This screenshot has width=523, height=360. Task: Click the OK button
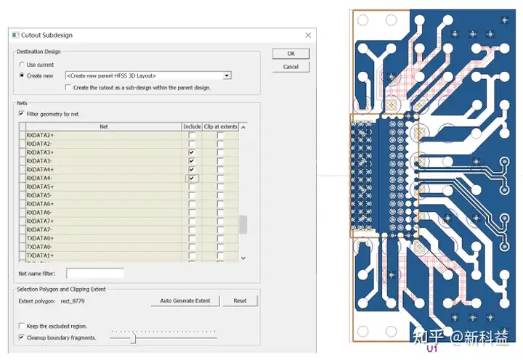[x=291, y=54]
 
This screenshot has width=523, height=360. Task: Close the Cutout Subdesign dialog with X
[x=308, y=36]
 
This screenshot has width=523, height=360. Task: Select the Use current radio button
[x=22, y=65]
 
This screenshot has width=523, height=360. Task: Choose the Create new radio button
[x=22, y=75]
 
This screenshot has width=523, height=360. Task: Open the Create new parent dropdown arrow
[x=227, y=75]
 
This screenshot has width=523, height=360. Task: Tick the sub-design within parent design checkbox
[x=68, y=87]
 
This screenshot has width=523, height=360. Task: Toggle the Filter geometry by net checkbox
[x=22, y=114]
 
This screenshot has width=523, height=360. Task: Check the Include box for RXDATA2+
[x=192, y=135]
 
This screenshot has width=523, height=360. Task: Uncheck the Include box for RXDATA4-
[x=192, y=179]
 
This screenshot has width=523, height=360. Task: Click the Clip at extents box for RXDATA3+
[x=220, y=152]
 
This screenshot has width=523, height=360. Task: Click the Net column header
[x=104, y=127]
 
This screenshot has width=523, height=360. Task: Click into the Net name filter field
[x=95, y=274]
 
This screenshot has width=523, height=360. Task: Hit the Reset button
[x=240, y=300]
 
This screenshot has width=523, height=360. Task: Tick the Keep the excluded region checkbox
[x=22, y=326]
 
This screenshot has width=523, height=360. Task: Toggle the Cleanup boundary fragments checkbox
[x=22, y=337]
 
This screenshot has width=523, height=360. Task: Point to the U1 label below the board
[x=432, y=348]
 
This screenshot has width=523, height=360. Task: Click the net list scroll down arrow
[x=243, y=258]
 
